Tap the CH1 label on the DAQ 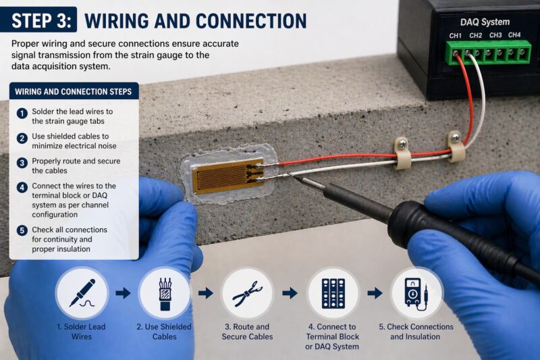(456, 35)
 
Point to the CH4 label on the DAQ (514, 35)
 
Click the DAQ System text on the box (485, 22)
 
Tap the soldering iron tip (296, 177)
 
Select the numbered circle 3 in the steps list (22, 162)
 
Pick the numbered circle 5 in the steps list (22, 230)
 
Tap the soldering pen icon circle (82, 293)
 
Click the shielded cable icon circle (164, 293)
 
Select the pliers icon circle (248, 293)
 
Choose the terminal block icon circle (333, 293)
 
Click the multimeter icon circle (416, 293)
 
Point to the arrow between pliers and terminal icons (290, 293)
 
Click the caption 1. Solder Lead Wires (82, 332)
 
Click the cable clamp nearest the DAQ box (456, 146)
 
